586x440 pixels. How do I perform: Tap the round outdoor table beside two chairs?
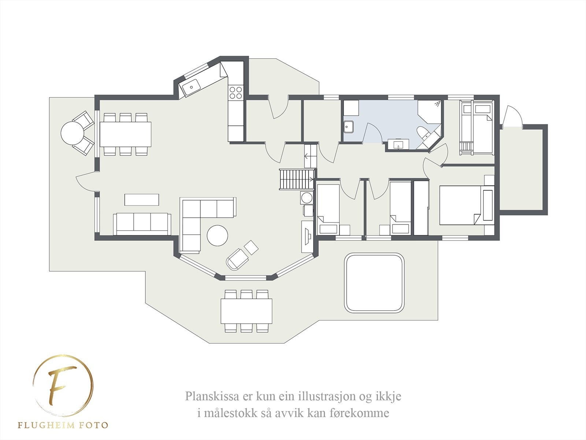pyautogui.click(x=73, y=133)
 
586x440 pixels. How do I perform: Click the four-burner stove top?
pyautogui.click(x=235, y=92)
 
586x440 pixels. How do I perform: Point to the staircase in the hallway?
pyautogui.click(x=297, y=179)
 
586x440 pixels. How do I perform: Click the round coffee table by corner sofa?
pyautogui.click(x=217, y=235)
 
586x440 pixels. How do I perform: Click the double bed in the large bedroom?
pyautogui.click(x=462, y=205)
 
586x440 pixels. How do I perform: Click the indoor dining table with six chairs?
pyautogui.click(x=125, y=134)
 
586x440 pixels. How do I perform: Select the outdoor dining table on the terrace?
pyautogui.click(x=246, y=311)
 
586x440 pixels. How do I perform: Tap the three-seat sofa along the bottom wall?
pyautogui.click(x=142, y=224)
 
